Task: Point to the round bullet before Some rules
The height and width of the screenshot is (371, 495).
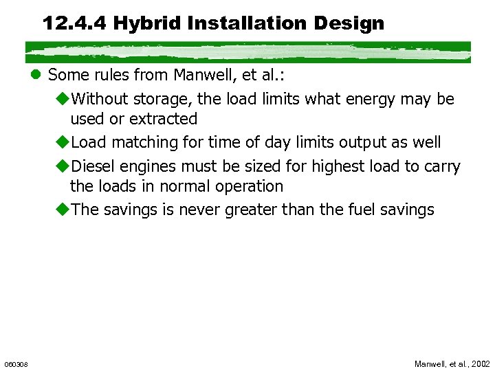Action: pos(37,75)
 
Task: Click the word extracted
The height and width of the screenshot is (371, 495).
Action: pos(163,119)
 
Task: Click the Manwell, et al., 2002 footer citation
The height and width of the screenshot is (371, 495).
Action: pos(452,363)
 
